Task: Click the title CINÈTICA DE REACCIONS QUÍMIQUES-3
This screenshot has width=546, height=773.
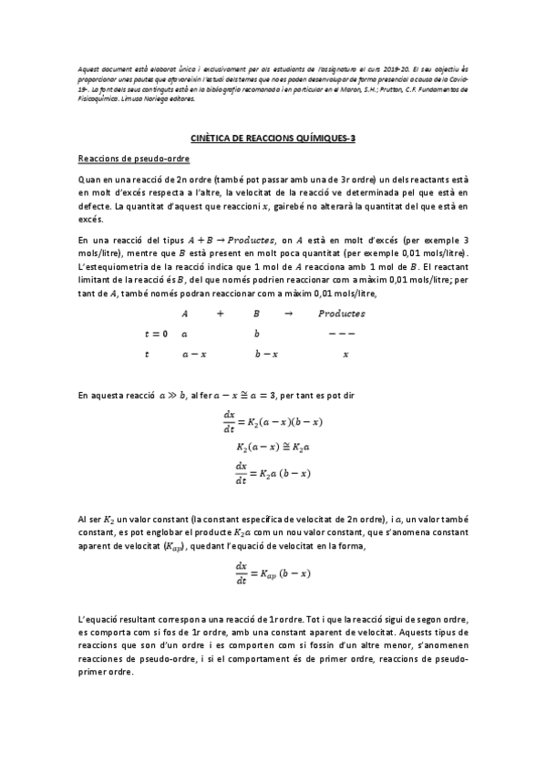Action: [273, 139]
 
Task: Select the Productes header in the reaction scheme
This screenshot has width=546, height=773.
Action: [342, 313]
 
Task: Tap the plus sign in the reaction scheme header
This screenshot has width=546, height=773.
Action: [220, 313]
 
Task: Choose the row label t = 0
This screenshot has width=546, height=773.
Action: [157, 334]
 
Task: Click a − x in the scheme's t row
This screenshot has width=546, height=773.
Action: [193, 354]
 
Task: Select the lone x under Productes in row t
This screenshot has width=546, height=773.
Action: [345, 354]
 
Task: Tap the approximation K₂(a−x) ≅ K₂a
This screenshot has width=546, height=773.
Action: [273, 448]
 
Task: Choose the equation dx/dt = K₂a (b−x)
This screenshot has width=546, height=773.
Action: [273, 472]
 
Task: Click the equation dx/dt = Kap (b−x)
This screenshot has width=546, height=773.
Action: [273, 572]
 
